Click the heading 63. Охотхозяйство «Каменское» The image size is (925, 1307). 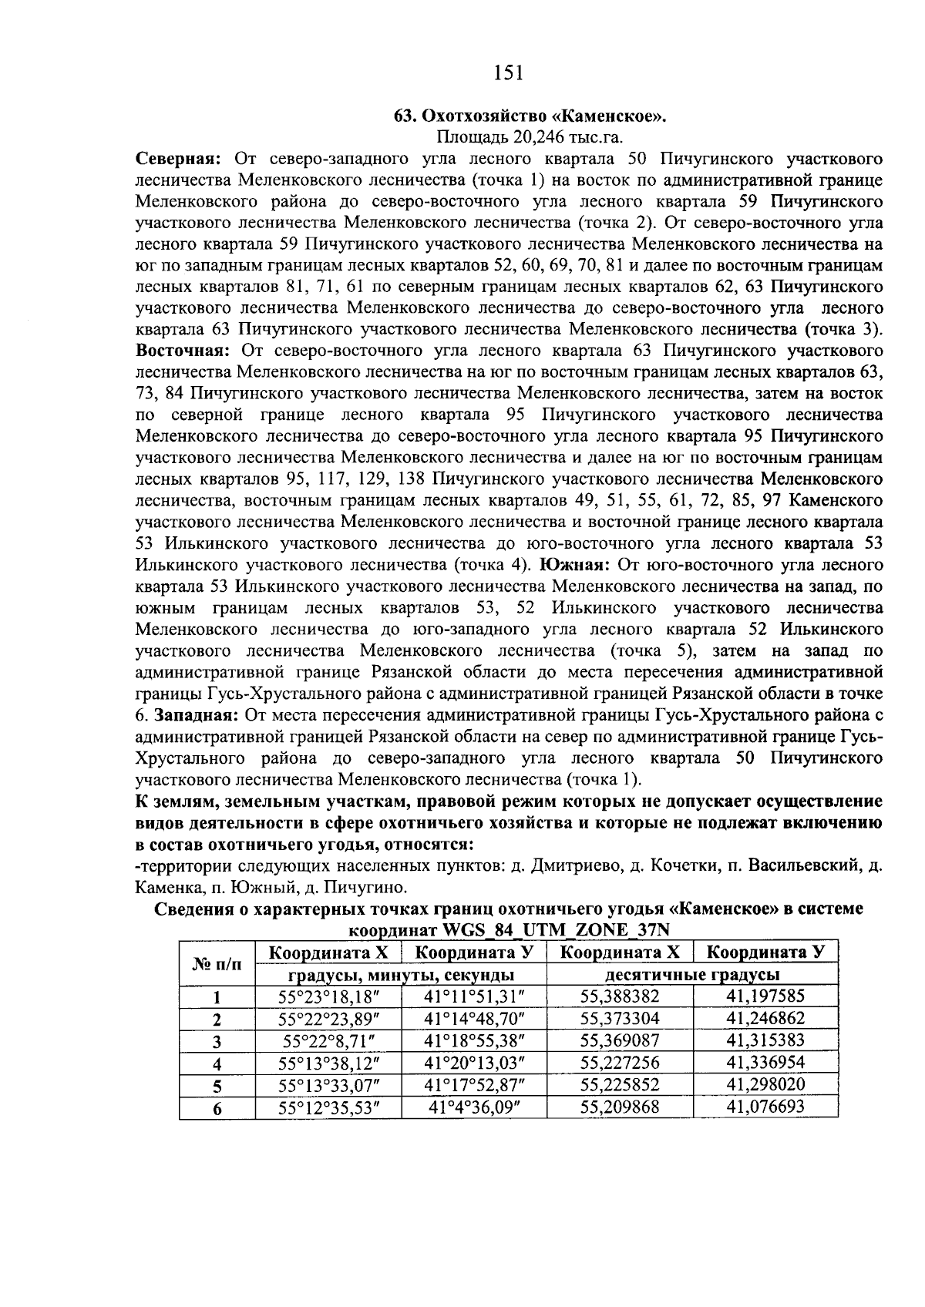(529, 117)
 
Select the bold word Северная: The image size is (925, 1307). (179, 160)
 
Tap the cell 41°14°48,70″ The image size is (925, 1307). (474, 1019)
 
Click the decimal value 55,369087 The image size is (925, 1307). (620, 1040)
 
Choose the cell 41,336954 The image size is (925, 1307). (765, 1063)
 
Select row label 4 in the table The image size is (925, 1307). (217, 1064)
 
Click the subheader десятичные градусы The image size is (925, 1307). (692, 975)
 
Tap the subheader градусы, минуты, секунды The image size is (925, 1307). (401, 975)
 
